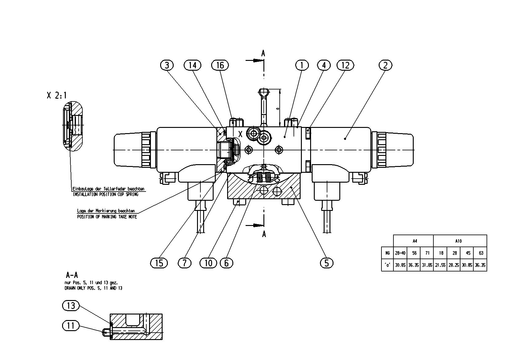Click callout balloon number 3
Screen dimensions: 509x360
tap(167, 65)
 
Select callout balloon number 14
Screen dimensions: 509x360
tap(192, 65)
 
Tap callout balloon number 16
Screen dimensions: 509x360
tap(220, 65)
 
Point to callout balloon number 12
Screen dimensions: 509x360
tap(345, 65)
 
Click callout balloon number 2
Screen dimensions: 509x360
tap(385, 65)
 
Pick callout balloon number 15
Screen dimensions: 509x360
tap(159, 263)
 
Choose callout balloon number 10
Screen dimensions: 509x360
tap(208, 263)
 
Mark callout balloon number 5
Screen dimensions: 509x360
tap(326, 263)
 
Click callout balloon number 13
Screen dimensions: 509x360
tap(71, 306)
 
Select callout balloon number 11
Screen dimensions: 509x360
tap(71, 326)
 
